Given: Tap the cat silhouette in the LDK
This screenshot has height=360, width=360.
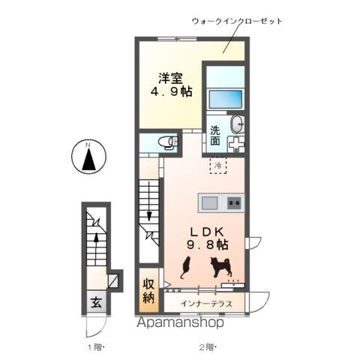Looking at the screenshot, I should pos(185,267).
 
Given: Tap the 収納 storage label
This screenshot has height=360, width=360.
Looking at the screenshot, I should pos(149,293).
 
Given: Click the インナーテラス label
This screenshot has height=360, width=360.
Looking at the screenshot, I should pos(207,304).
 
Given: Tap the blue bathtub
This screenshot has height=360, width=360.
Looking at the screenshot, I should pos(226,100).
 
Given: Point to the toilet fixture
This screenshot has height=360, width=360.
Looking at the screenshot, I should pos(169,141).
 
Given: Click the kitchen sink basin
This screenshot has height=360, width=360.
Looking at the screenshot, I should pos(209,202).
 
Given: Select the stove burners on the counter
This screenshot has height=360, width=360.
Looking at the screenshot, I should pos(233,202).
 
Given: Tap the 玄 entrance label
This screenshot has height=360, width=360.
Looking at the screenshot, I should pos(97,304).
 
